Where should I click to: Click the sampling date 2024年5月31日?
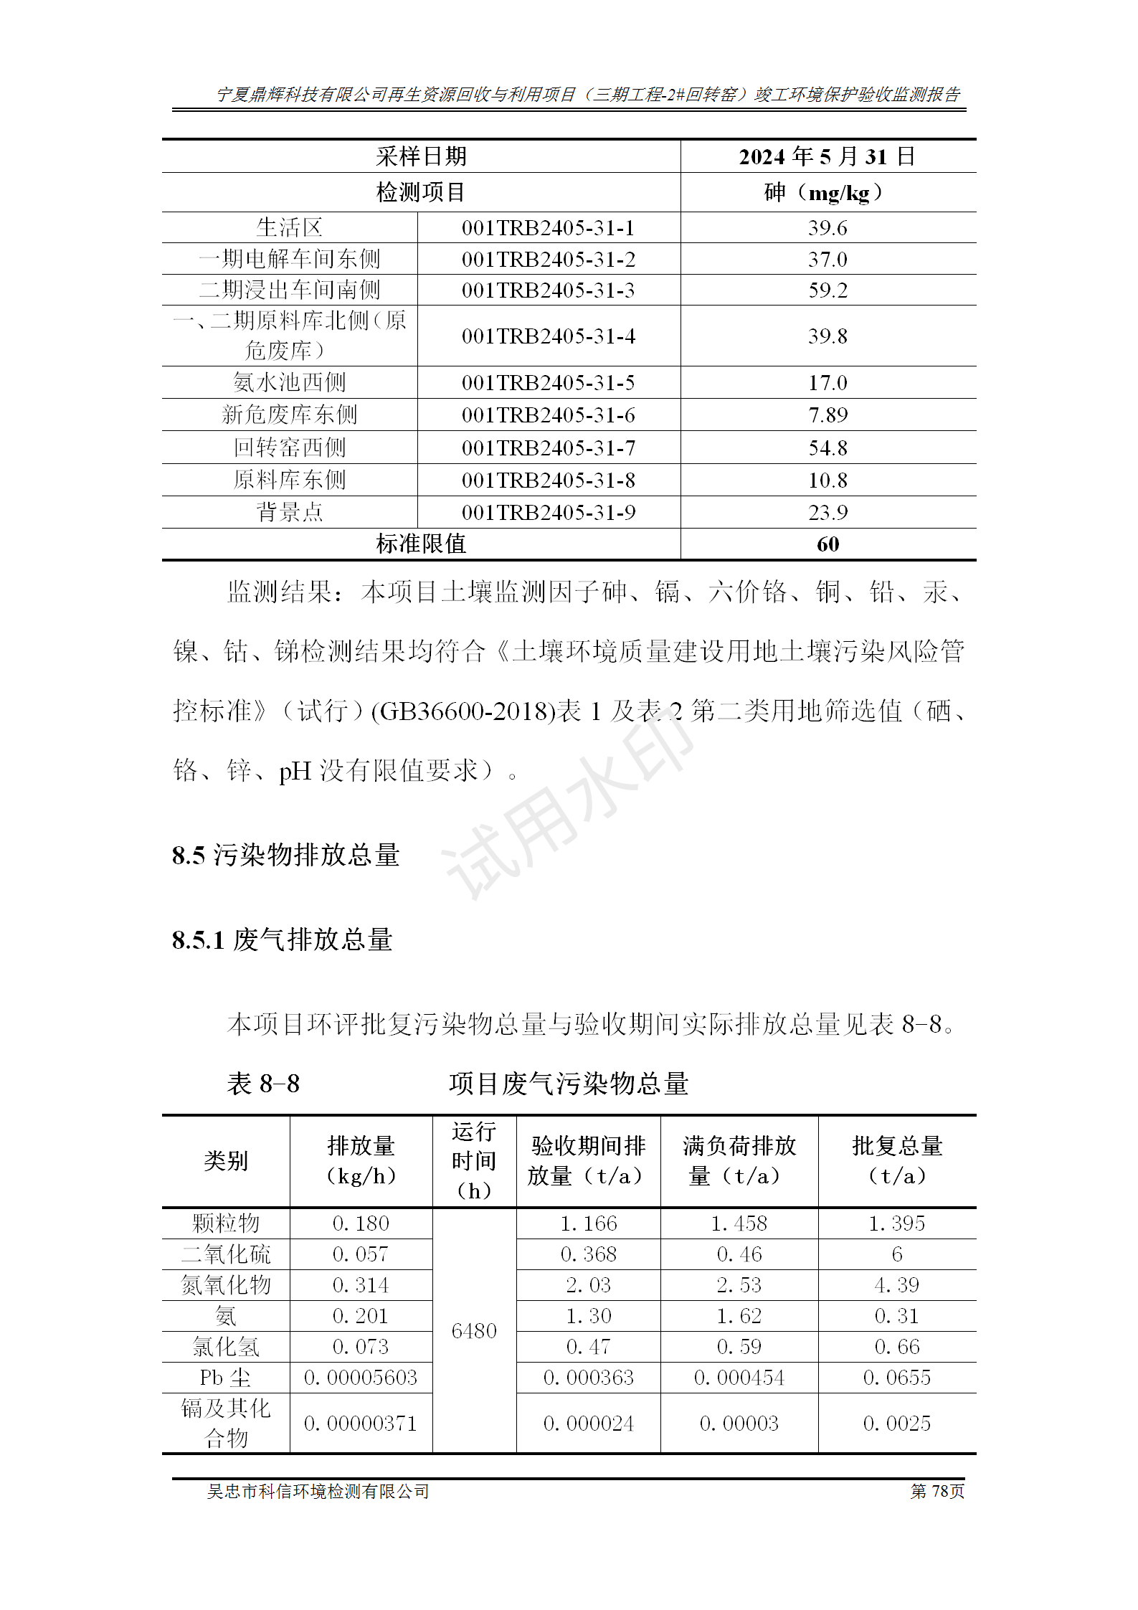click(828, 156)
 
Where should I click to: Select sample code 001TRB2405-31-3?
click(548, 290)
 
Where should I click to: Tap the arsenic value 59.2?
click(828, 290)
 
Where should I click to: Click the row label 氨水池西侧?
click(289, 383)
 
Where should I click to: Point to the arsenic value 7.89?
click(828, 415)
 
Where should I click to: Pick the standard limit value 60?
click(828, 544)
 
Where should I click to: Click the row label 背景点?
click(289, 512)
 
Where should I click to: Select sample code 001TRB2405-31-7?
click(548, 448)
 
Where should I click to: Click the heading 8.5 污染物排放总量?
click(285, 855)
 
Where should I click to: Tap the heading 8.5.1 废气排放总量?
click(282, 939)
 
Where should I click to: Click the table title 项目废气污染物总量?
click(569, 1084)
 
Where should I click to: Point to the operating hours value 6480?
click(474, 1331)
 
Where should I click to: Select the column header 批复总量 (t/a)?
click(896, 1160)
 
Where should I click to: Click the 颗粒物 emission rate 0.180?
click(361, 1223)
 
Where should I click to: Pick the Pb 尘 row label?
click(225, 1378)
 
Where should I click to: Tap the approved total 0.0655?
click(896, 1378)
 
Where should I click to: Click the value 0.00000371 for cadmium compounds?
click(361, 1424)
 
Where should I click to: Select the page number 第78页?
click(937, 1492)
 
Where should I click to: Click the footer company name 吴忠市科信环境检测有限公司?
click(318, 1492)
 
